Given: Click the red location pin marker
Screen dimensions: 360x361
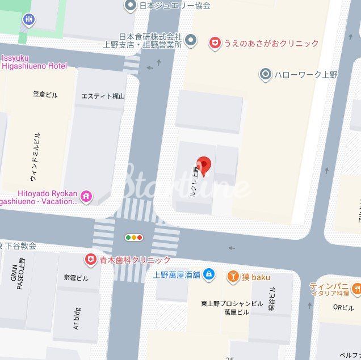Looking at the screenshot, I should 203,164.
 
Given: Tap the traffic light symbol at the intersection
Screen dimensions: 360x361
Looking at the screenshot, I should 134,238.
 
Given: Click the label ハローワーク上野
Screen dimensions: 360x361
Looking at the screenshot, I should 306,74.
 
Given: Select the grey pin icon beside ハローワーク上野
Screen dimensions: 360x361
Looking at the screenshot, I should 265,74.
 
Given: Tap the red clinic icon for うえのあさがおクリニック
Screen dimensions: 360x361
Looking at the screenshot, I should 215,43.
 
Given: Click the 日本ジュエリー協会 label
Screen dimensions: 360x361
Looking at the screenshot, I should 176,6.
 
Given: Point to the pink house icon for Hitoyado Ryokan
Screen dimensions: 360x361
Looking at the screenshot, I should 86,196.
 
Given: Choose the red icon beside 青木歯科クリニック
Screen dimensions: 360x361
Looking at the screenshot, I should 90,260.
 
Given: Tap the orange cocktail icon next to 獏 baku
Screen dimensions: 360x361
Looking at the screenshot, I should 233,277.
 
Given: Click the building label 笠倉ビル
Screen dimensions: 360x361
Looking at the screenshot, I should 45,95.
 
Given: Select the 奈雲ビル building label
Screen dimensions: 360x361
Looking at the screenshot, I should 76,278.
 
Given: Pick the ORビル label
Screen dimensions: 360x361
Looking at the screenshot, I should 343,308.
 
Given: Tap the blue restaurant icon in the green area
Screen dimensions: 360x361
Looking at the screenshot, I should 28,20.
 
